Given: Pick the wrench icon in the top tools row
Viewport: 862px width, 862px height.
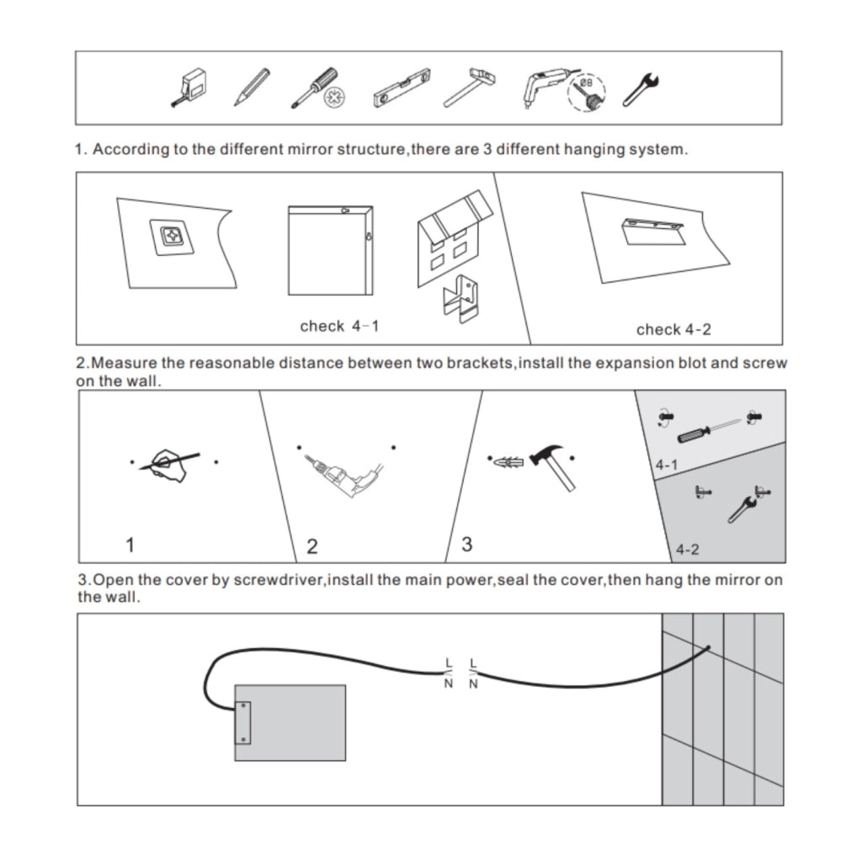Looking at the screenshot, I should [x=641, y=90].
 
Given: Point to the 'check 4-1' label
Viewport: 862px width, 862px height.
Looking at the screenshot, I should [x=339, y=326].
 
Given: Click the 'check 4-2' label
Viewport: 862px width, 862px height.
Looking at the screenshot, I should [x=673, y=329].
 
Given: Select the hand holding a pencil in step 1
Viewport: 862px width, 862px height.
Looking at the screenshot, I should [x=172, y=465].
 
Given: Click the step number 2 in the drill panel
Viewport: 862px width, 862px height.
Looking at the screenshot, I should [x=312, y=546].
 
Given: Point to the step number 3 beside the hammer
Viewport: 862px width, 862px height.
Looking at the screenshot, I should [x=466, y=545].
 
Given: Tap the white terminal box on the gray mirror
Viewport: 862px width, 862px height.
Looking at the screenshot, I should [x=242, y=721].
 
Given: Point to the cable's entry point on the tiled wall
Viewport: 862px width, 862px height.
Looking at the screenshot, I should [x=708, y=647].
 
